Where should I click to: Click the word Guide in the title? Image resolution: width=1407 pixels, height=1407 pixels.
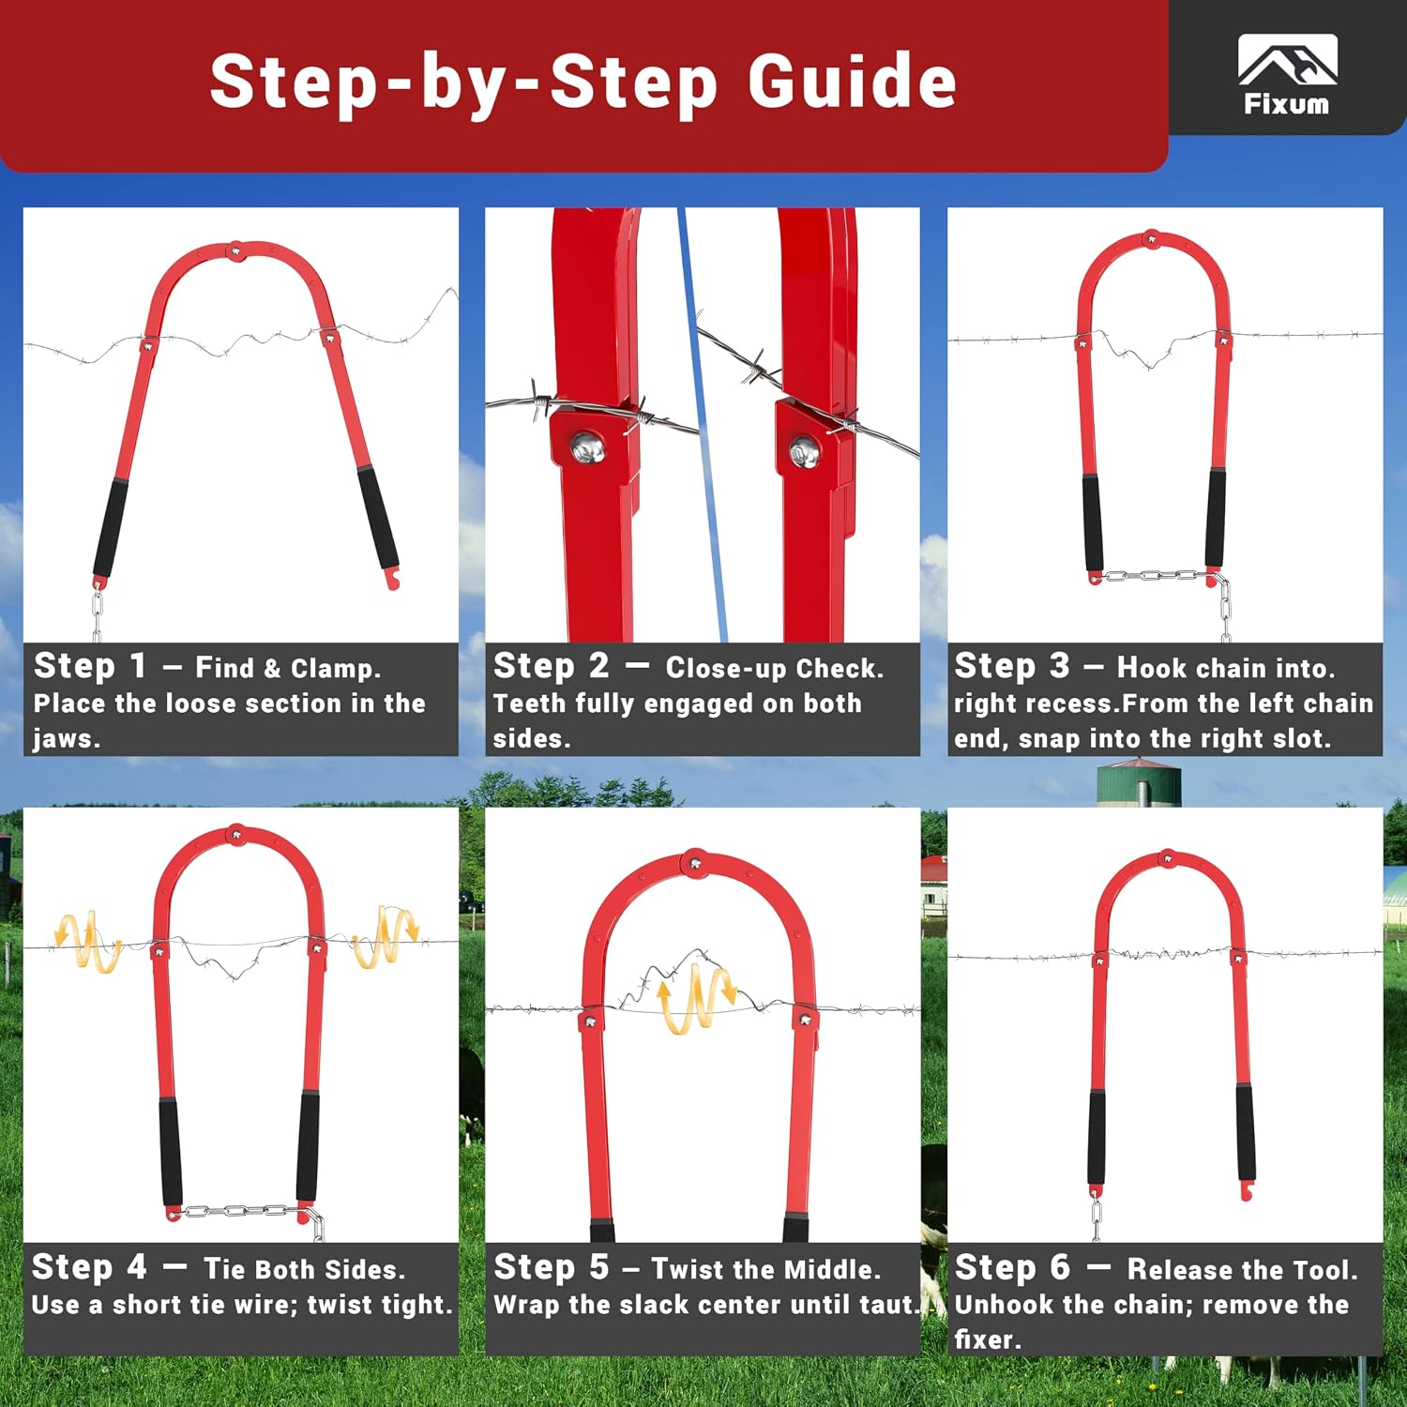point(853,81)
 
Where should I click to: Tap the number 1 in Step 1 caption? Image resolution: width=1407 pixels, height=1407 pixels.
point(138,666)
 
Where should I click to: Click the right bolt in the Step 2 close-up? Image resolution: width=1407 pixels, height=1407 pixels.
point(805,451)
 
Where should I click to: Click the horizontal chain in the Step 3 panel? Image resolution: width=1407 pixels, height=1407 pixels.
point(1153,575)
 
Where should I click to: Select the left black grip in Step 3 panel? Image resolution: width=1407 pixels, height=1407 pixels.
point(1093,522)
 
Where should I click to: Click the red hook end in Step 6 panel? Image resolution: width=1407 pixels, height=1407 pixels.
point(1247,1190)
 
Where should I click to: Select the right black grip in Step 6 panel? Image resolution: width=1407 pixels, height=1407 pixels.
point(1245,1132)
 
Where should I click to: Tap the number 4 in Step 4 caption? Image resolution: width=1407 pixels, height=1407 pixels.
point(137,1267)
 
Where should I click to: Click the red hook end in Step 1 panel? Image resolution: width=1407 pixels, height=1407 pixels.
point(392,579)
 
